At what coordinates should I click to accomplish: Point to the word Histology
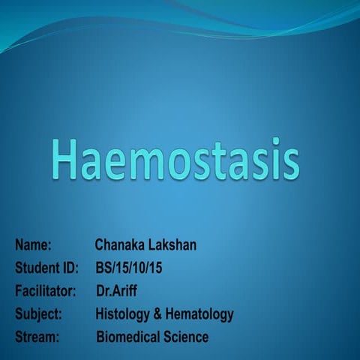coord(123,313)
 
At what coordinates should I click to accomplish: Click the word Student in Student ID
coord(37,268)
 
